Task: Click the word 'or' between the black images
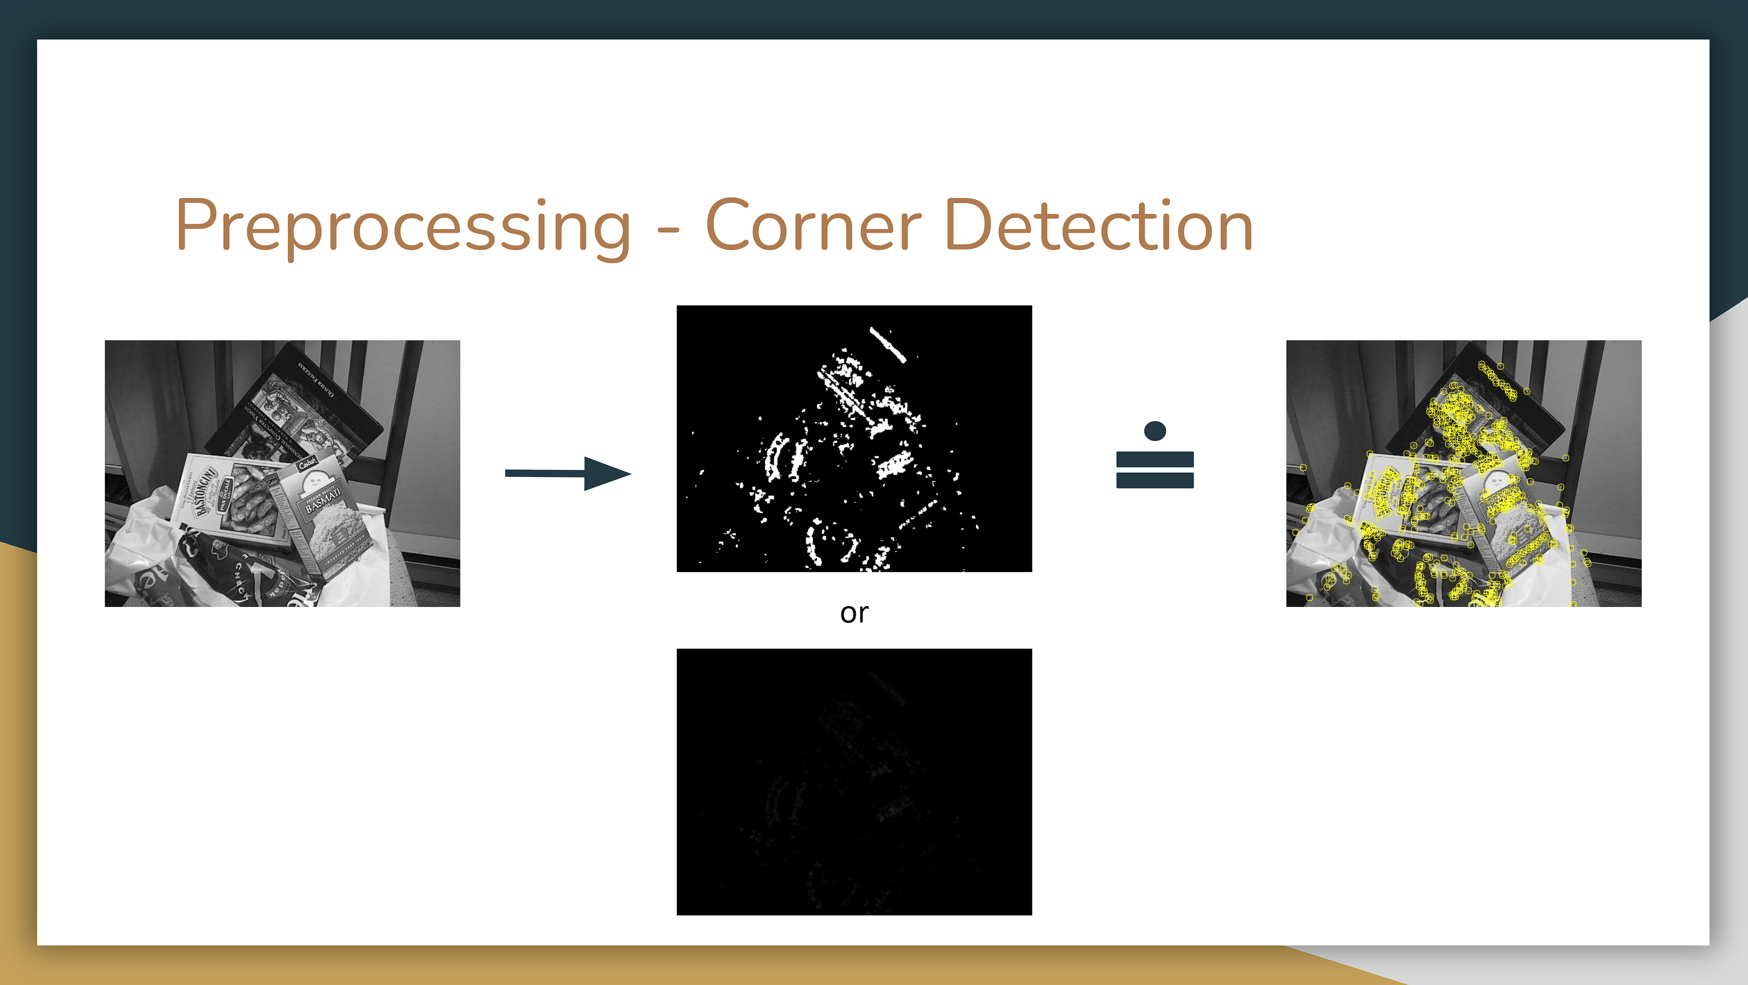click(x=854, y=612)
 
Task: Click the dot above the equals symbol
click(x=1154, y=430)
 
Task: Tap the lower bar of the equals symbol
click(x=1154, y=481)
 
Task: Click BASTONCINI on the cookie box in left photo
click(x=204, y=492)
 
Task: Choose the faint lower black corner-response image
click(x=854, y=781)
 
